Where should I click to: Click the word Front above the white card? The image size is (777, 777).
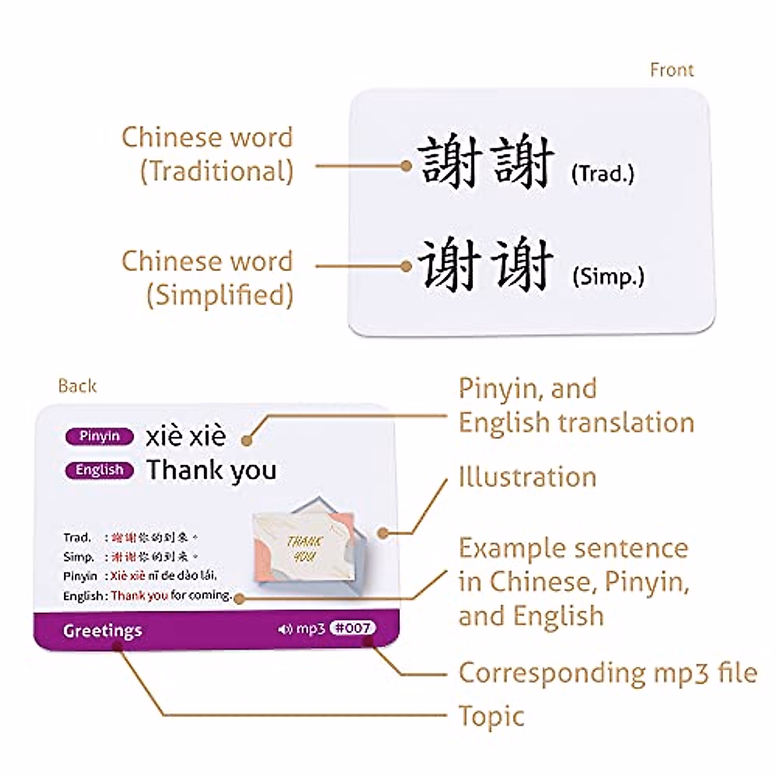pos(671,70)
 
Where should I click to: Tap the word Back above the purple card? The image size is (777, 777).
pos(77,386)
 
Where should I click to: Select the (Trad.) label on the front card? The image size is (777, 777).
pos(602,174)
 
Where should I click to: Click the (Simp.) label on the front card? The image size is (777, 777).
pos(608,276)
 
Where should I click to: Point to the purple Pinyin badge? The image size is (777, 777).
pos(99,436)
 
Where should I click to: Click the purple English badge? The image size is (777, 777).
pos(99,470)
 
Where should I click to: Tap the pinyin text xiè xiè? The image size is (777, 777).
pos(186,436)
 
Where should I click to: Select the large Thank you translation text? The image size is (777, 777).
pos(212,470)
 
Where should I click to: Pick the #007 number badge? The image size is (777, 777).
pos(352,627)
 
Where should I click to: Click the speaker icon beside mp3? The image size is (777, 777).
pos(284,629)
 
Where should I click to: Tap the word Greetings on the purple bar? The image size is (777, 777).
pos(102,631)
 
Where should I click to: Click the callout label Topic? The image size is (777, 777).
pos(491,717)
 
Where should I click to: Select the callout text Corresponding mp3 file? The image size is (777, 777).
pos(607,673)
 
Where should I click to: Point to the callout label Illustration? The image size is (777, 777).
pos(527,477)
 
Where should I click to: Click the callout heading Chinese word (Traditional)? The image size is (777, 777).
pos(207,154)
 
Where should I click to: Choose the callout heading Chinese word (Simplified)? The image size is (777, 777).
pos(207,278)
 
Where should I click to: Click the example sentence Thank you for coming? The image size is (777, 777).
pos(172,595)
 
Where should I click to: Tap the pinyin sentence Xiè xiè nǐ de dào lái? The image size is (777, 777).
pos(164,576)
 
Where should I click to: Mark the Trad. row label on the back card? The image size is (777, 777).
pos(77,537)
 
